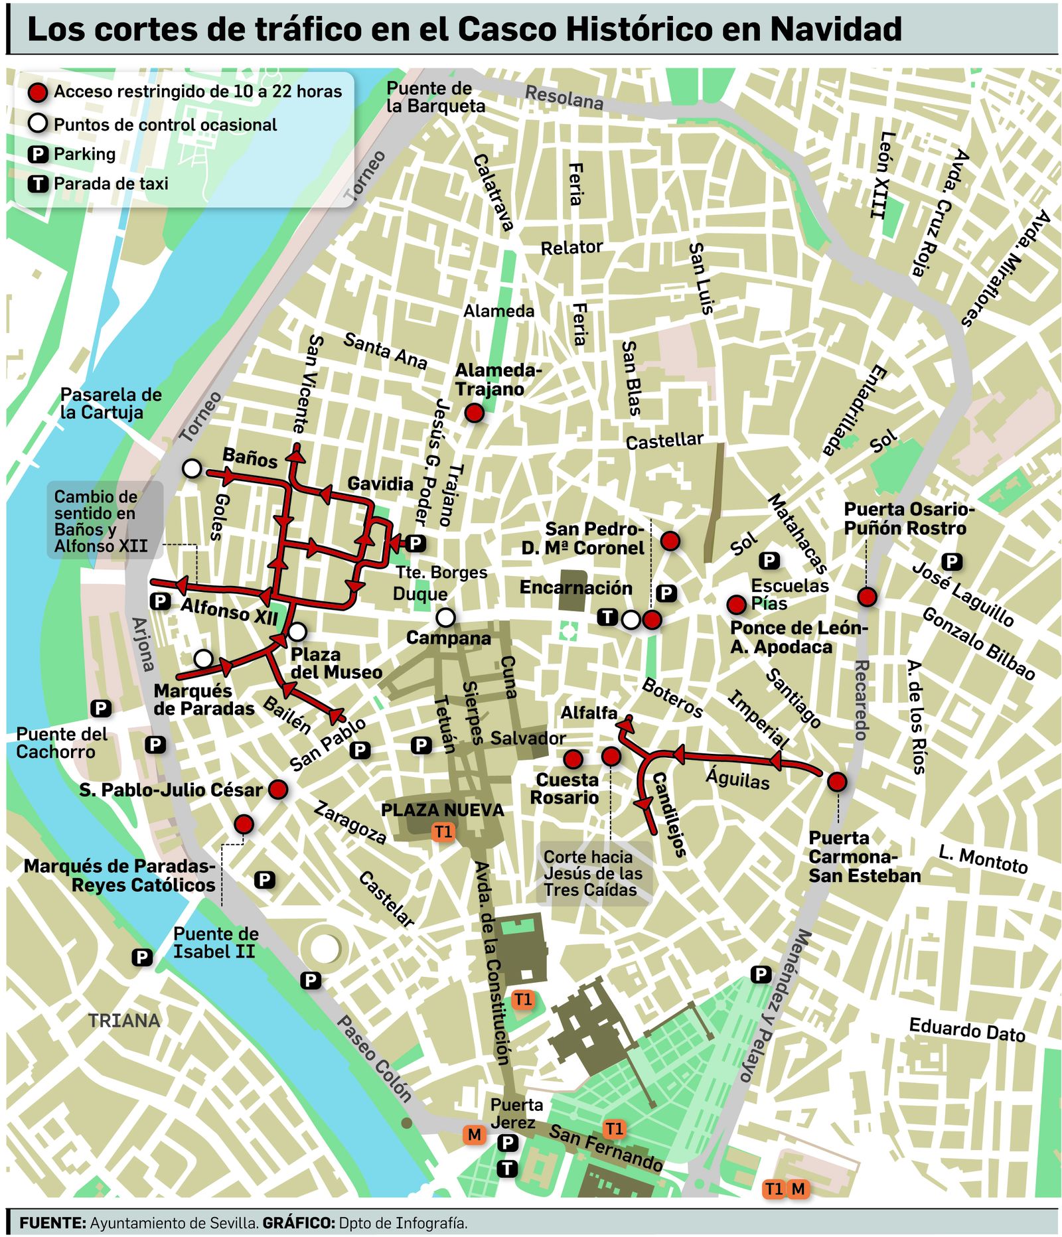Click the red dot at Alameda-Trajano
(474, 413)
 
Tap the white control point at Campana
(445, 617)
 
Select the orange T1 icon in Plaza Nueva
(443, 832)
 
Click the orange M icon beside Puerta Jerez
(474, 1134)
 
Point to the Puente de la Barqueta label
(435, 97)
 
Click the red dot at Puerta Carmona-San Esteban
(837, 782)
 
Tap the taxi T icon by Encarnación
(607, 617)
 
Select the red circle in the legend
(38, 92)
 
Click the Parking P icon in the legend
(38, 155)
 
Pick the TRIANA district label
(124, 1020)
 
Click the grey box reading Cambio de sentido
(105, 520)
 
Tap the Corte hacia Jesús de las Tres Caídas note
(593, 873)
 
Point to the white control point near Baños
(192, 469)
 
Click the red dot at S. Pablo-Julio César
(277, 789)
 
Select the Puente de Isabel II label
(215, 942)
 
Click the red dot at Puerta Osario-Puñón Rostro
(866, 597)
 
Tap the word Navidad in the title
(836, 29)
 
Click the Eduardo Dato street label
(966, 1029)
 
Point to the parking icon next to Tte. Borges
(416, 544)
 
